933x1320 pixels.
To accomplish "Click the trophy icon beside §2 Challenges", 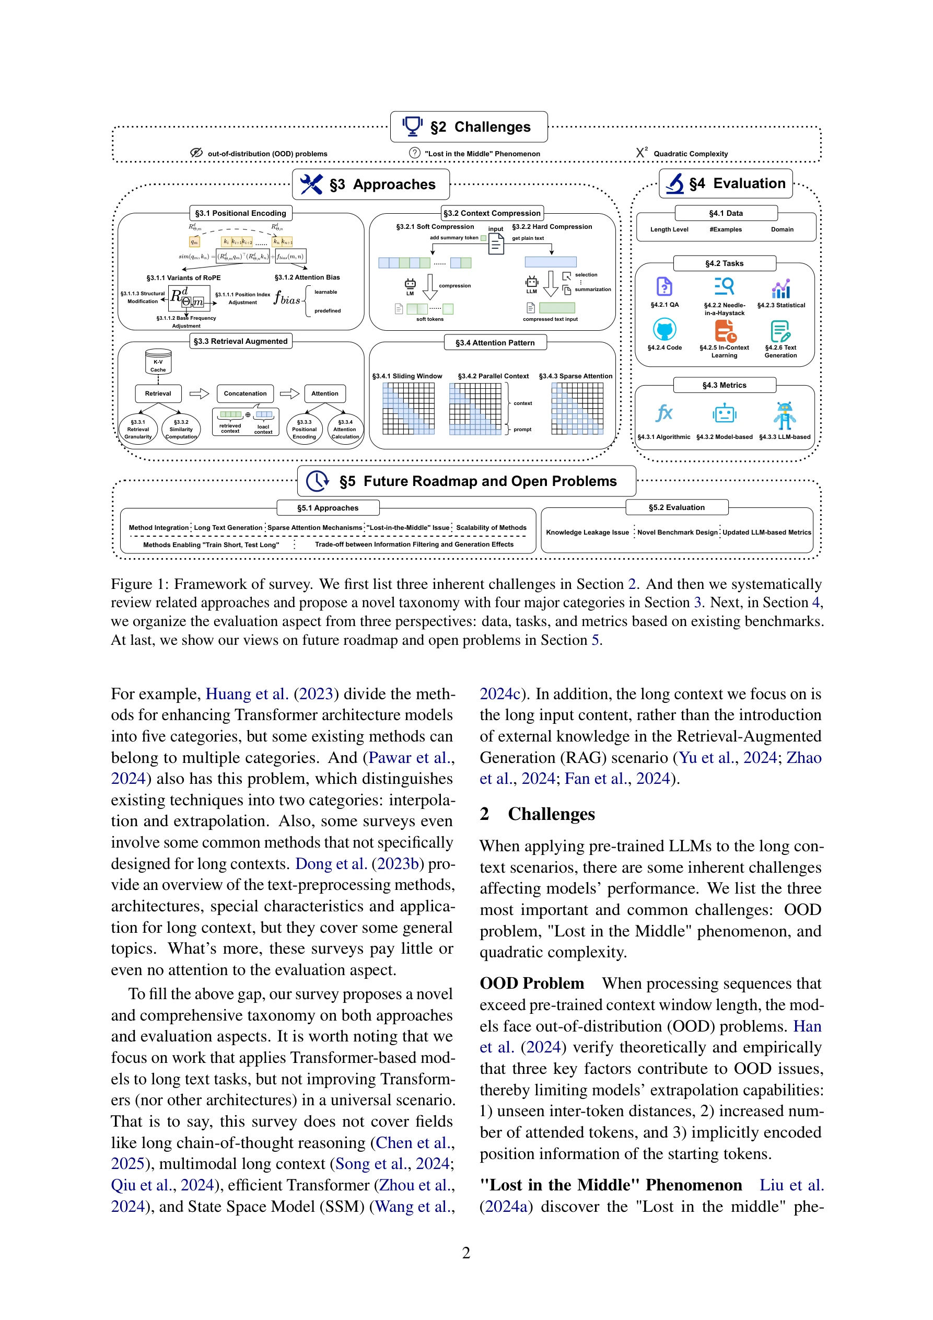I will coord(412,126).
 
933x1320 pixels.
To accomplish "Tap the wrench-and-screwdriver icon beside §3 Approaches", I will coord(311,184).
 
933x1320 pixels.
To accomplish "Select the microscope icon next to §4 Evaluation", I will coord(675,183).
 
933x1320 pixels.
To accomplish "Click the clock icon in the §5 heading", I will coord(317,481).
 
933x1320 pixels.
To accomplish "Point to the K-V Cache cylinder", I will coord(158,362).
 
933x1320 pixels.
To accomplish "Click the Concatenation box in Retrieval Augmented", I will coord(245,394).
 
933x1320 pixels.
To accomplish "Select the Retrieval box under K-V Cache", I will coord(158,394).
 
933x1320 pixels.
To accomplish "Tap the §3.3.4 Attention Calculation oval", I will coord(345,430).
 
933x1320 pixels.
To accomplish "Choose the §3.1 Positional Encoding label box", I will coord(240,213).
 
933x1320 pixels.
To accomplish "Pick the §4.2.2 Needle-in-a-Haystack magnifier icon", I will coord(725,286).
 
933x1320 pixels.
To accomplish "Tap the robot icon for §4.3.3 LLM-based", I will coord(785,415).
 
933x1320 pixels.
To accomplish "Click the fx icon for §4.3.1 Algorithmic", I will coord(664,413).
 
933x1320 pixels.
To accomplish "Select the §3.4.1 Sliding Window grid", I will coord(409,408).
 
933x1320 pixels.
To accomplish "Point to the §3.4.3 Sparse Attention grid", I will coord(577,408).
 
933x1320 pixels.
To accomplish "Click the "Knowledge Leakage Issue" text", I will coord(587,532).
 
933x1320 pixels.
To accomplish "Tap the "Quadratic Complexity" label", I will coord(691,154).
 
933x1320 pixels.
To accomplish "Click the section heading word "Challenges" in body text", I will coord(551,814).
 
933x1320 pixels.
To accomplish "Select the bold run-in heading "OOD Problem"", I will coord(532,983).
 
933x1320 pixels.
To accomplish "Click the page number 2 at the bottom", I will coord(466,1253).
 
